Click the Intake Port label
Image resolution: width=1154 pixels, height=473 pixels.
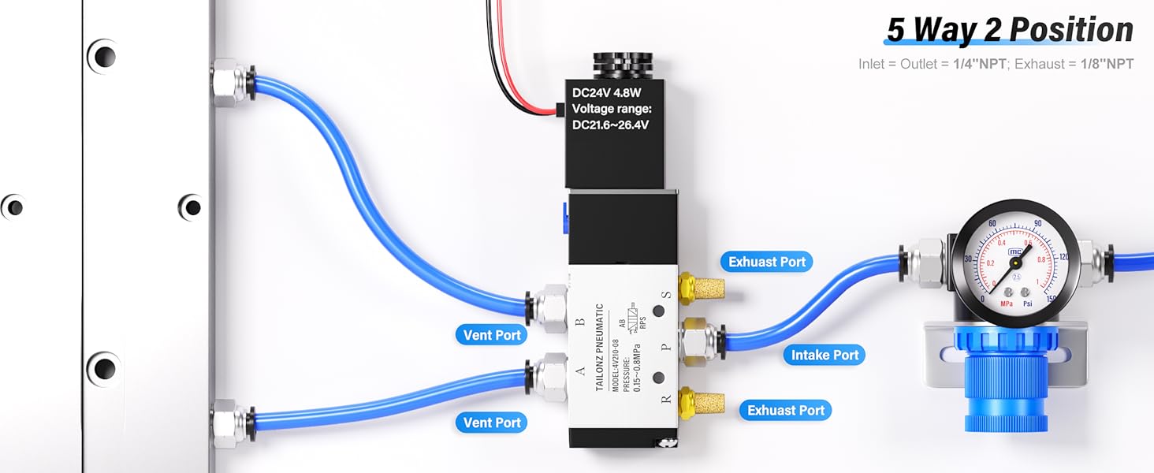(x=825, y=355)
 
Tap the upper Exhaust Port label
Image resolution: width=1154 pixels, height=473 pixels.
(x=766, y=262)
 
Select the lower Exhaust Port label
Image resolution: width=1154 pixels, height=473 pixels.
(x=785, y=410)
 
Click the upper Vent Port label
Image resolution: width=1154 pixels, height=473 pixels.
(x=492, y=335)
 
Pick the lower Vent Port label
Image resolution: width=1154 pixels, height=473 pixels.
(x=492, y=423)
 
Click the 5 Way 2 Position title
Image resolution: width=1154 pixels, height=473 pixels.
(x=1009, y=30)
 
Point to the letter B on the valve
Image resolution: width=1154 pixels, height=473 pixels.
(x=580, y=322)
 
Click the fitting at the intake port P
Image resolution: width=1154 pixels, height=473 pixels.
(x=698, y=341)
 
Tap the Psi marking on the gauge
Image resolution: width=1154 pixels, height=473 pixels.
(x=1027, y=303)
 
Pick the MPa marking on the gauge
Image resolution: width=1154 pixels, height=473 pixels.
(x=1006, y=303)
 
